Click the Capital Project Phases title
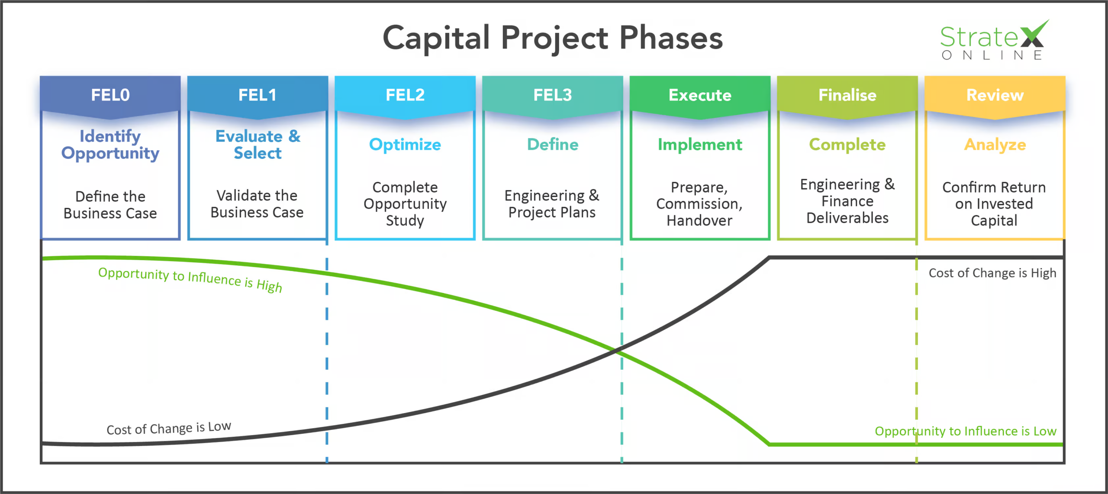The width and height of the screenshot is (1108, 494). point(553,38)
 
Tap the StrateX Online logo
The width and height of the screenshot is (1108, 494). point(993,41)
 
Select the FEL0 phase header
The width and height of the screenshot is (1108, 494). point(110,95)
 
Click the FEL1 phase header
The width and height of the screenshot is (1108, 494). point(258,95)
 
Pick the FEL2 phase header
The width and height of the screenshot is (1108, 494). point(405,95)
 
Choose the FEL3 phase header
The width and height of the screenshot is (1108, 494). point(553,95)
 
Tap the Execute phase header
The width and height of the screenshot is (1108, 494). point(700,95)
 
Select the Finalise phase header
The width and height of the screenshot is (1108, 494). point(847,95)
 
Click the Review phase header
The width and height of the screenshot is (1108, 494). point(995,95)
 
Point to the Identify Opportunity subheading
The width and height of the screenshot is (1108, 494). point(110,145)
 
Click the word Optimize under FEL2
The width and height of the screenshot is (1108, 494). point(405,145)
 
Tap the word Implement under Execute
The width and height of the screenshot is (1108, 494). point(700,145)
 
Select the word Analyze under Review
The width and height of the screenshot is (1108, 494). point(995,145)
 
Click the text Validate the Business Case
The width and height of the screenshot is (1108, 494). point(257,204)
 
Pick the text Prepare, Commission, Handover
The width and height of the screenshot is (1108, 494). point(699,204)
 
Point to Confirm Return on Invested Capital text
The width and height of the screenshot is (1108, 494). point(994,204)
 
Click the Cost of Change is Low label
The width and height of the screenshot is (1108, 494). point(169,428)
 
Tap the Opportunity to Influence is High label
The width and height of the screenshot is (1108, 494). point(190,279)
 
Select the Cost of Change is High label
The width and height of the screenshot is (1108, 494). point(992,273)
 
